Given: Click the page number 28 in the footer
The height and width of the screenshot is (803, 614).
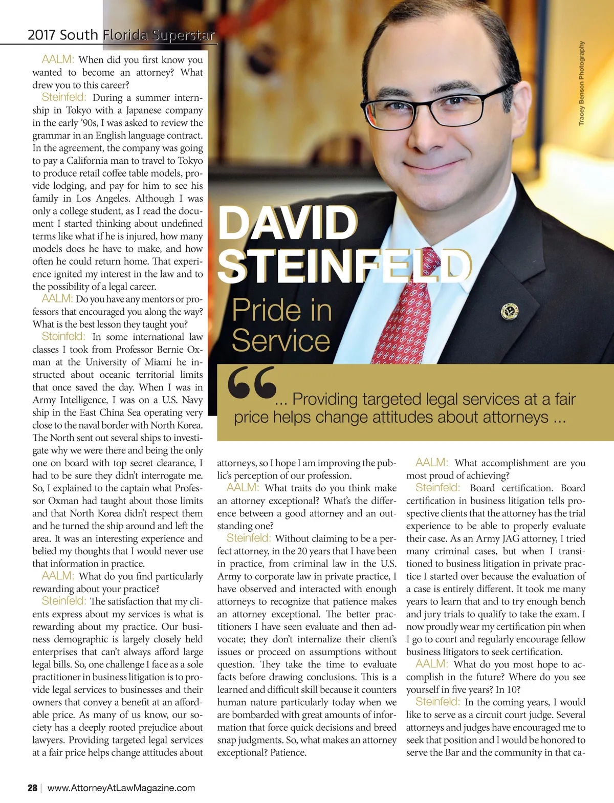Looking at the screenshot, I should pyautogui.click(x=32, y=788).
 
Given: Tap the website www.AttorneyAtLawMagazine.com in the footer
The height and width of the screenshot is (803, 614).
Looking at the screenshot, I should pyautogui.click(x=121, y=788).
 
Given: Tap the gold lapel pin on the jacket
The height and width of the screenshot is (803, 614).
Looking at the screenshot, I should pyautogui.click(x=510, y=311).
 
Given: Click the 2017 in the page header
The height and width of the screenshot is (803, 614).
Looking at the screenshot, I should pyautogui.click(x=42, y=35).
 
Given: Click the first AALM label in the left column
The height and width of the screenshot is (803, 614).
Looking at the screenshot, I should pyautogui.click(x=58, y=60).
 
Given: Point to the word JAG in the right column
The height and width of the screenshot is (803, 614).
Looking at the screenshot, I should pyautogui.click(x=512, y=538).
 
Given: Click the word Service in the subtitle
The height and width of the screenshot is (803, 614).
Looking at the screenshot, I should pyautogui.click(x=281, y=341).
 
